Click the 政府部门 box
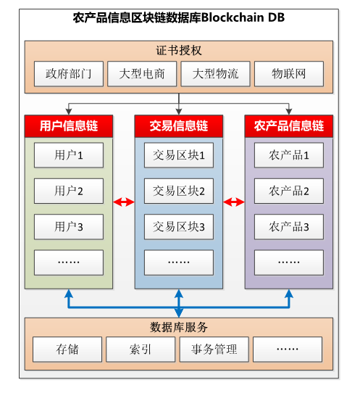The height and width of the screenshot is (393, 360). (69, 74)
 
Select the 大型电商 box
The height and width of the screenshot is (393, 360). (142, 74)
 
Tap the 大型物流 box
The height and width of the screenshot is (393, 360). (215, 74)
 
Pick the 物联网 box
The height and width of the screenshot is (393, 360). (289, 74)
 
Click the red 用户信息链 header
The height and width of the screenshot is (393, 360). (69, 126)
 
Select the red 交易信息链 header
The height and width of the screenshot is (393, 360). (179, 126)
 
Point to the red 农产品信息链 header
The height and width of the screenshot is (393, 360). (289, 126)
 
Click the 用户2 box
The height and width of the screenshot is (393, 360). (69, 191)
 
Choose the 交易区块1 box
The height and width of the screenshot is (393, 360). (179, 155)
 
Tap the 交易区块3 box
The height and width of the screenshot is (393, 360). (179, 227)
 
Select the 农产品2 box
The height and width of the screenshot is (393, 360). (289, 191)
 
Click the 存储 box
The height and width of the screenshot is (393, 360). (67, 349)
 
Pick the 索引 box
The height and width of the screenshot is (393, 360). (141, 349)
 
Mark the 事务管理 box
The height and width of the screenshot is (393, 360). (214, 349)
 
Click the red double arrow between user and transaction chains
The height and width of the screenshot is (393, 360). (124, 202)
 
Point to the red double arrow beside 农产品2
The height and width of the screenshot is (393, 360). (234, 202)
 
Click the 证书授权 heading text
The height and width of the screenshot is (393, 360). (179, 51)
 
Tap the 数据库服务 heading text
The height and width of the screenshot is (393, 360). (179, 327)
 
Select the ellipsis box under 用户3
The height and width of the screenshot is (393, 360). (69, 262)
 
